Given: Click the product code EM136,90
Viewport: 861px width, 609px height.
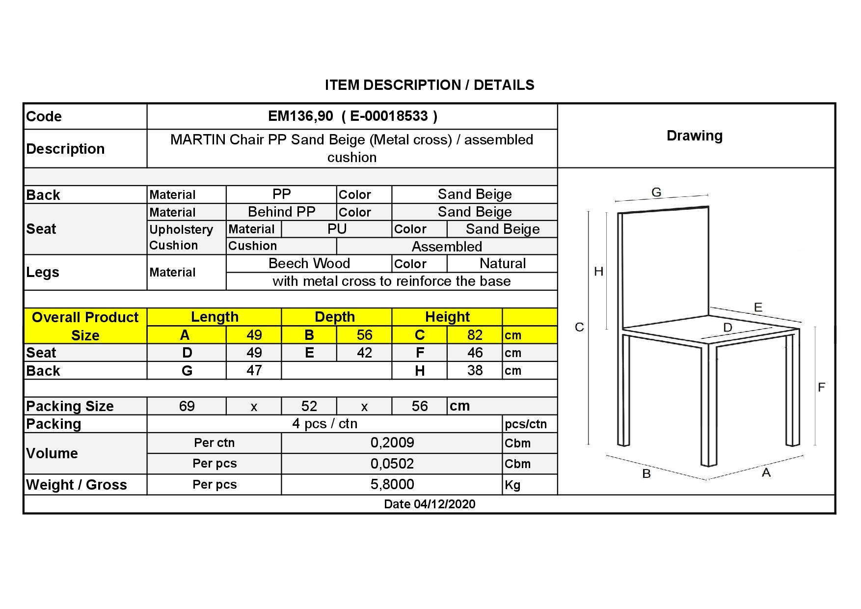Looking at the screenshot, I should point(300,116).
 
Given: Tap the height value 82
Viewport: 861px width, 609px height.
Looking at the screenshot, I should point(475,335).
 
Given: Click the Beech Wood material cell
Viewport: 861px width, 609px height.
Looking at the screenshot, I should point(309,263).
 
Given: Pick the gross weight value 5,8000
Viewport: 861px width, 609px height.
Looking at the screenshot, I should point(392,484).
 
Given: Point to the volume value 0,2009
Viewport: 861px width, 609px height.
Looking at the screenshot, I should point(392,443).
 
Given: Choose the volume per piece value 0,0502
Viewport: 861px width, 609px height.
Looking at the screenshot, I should point(392,464).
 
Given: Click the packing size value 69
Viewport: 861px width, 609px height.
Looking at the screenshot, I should point(187,406).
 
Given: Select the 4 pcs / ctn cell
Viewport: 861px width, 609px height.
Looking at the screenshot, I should point(325,423).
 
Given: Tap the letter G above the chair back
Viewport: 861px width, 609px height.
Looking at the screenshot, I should point(656,193).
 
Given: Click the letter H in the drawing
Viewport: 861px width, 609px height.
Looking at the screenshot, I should point(598,272).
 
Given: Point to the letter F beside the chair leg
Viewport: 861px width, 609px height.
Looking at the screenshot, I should point(821,388).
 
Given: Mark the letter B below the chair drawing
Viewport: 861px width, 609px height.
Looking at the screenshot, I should point(646,474).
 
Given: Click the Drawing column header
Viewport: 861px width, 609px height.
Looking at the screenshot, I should point(695,136).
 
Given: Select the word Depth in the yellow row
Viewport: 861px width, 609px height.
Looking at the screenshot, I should point(335,317).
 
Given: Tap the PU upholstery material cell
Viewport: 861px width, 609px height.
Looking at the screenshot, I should point(337,229).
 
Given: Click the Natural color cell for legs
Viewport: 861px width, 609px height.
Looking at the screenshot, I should point(502,263).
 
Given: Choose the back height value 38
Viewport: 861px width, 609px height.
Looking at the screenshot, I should point(475,370).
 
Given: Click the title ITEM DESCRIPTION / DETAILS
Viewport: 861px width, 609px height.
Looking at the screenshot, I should point(430,85).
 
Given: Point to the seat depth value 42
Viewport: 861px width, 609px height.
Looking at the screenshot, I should point(364,353).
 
